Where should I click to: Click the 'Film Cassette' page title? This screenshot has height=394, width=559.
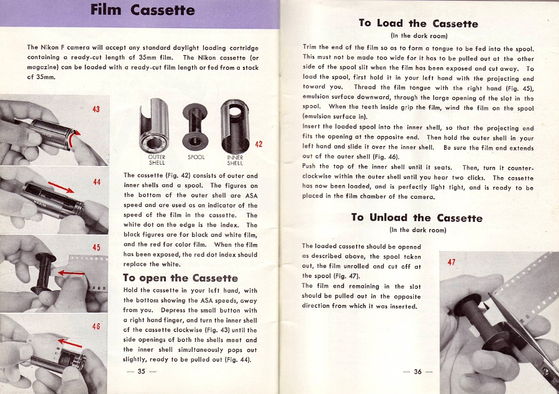coord(142,11)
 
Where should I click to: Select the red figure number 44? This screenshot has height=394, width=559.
coord(96,182)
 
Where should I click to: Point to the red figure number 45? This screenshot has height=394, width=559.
coord(96,248)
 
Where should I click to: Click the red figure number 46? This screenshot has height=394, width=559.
coord(96,326)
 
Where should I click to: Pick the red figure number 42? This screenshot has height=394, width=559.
coord(259,144)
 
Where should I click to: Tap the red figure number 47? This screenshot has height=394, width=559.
coord(452,262)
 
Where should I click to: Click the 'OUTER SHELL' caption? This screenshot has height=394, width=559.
coord(157,160)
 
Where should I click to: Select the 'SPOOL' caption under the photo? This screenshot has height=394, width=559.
coord(196,158)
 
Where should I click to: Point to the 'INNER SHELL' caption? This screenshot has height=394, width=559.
coord(235,160)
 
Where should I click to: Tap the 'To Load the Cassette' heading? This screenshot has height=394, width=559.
coord(418,24)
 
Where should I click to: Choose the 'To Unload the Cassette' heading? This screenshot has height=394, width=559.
coord(416,218)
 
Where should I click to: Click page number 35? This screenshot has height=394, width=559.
coord(141,372)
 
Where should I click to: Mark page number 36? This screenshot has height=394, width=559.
coord(417,372)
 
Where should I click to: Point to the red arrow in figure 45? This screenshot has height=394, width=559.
coord(72,273)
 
